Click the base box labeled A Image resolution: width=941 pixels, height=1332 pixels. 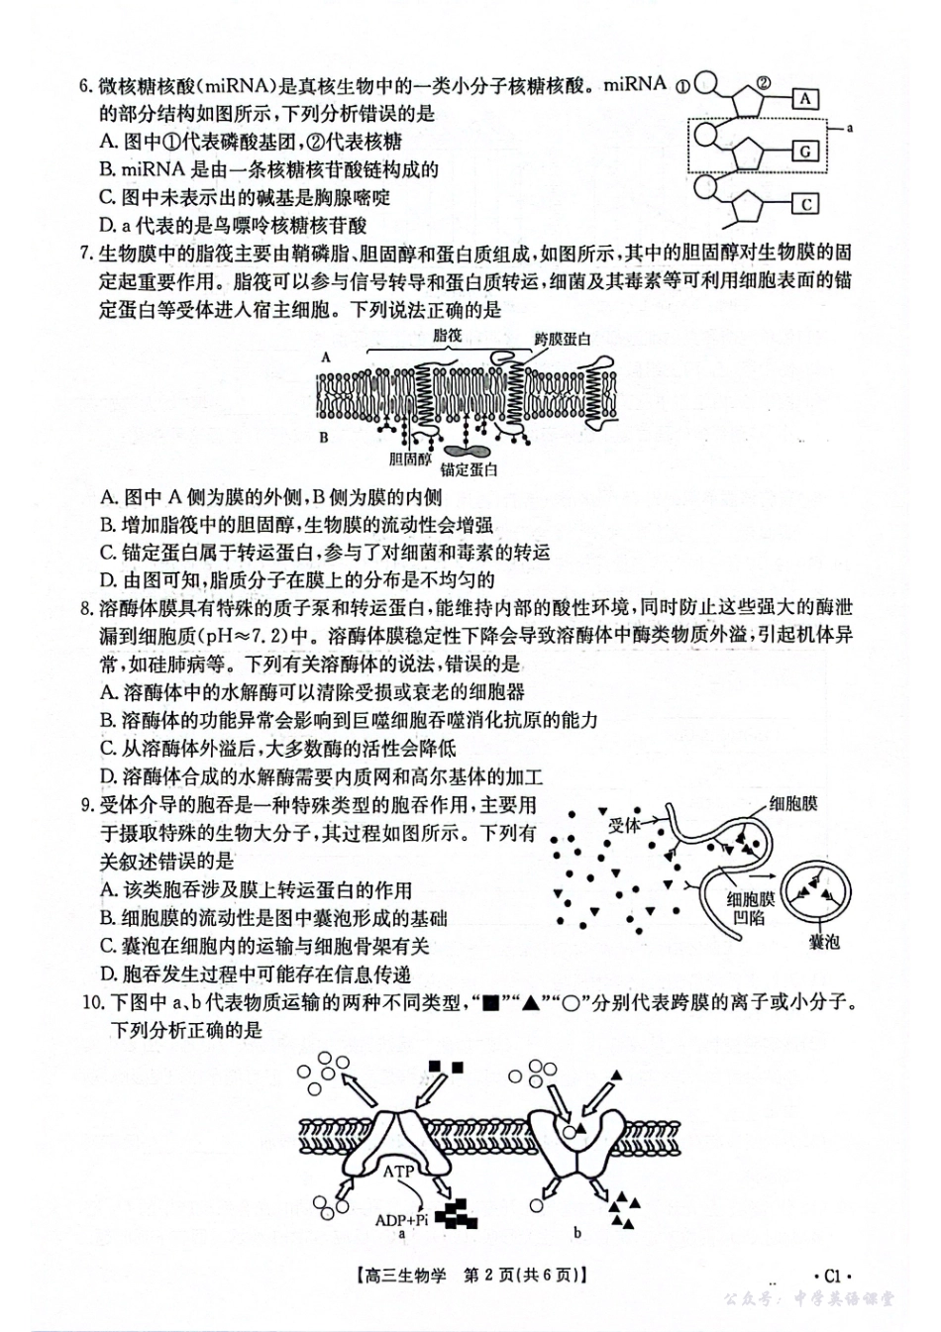[x=805, y=98]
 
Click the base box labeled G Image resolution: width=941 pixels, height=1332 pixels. [x=805, y=151]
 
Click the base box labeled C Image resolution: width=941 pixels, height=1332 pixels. [x=805, y=204]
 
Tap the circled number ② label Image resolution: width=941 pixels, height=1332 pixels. [x=763, y=82]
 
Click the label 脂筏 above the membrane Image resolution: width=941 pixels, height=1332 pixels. [x=449, y=336]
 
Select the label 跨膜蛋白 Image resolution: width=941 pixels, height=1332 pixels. [x=563, y=339]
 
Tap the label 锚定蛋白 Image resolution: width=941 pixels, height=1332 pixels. [x=469, y=469]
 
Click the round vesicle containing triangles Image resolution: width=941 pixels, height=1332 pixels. [x=818, y=888]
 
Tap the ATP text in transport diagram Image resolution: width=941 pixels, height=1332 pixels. [x=398, y=1171]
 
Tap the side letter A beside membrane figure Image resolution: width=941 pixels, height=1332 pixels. [x=325, y=355]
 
